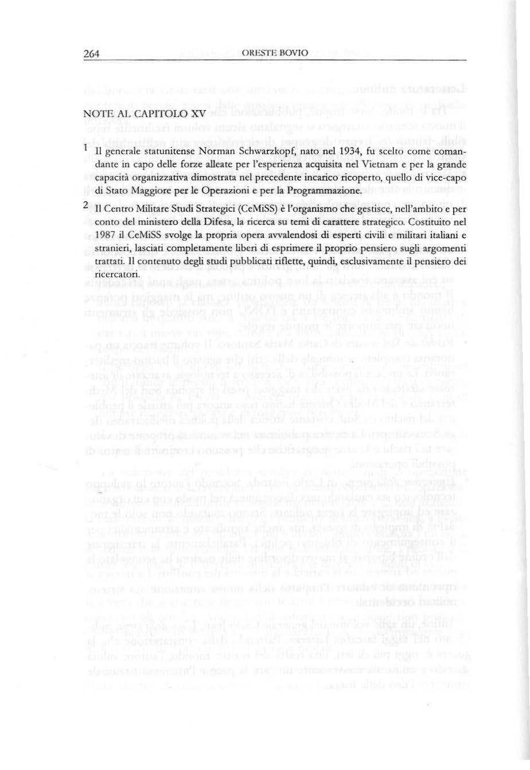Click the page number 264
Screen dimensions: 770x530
coord(91,54)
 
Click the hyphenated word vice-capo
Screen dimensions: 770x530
coord(447,178)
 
